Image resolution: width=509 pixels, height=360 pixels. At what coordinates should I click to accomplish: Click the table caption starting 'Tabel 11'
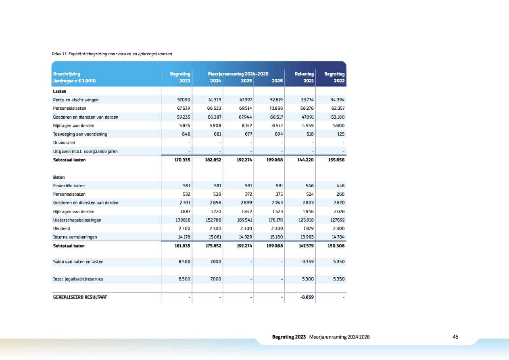tap(112, 54)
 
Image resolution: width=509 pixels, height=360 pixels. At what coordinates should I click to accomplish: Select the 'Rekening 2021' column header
tap(304, 77)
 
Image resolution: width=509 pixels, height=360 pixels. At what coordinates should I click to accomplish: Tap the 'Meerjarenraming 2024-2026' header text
tap(238, 74)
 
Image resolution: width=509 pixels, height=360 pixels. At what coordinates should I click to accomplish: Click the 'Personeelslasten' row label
tap(69, 108)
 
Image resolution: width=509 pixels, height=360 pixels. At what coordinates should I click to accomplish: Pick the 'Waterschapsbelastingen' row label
tap(77, 220)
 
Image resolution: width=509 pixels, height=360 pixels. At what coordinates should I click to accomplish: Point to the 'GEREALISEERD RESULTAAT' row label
tap(80, 297)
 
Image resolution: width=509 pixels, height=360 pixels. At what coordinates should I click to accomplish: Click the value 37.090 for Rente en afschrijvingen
tap(184, 100)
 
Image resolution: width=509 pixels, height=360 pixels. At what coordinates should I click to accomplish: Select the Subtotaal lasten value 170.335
tap(182, 160)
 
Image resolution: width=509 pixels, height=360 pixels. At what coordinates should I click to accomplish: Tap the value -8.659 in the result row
tap(307, 297)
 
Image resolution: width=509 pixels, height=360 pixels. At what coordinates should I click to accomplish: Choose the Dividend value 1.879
tap(308, 228)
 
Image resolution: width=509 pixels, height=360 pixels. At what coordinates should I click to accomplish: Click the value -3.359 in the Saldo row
tap(307, 262)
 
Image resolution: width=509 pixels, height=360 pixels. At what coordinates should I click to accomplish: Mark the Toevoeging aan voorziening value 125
tap(341, 134)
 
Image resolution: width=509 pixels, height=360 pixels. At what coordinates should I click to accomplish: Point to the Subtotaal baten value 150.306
tap(336, 246)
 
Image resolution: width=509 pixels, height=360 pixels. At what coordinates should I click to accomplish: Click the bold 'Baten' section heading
tap(59, 177)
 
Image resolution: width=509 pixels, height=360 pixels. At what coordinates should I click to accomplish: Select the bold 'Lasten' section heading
tap(60, 91)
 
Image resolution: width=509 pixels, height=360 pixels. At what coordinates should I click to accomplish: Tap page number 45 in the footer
tap(455, 337)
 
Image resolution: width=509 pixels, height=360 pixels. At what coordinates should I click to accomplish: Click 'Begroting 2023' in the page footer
tap(289, 337)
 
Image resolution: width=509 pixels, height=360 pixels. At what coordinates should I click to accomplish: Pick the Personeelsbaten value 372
tap(248, 194)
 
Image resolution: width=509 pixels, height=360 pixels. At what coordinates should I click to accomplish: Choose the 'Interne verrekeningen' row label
tap(75, 237)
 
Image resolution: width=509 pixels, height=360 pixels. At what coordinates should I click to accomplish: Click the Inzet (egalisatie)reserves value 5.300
tap(308, 279)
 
